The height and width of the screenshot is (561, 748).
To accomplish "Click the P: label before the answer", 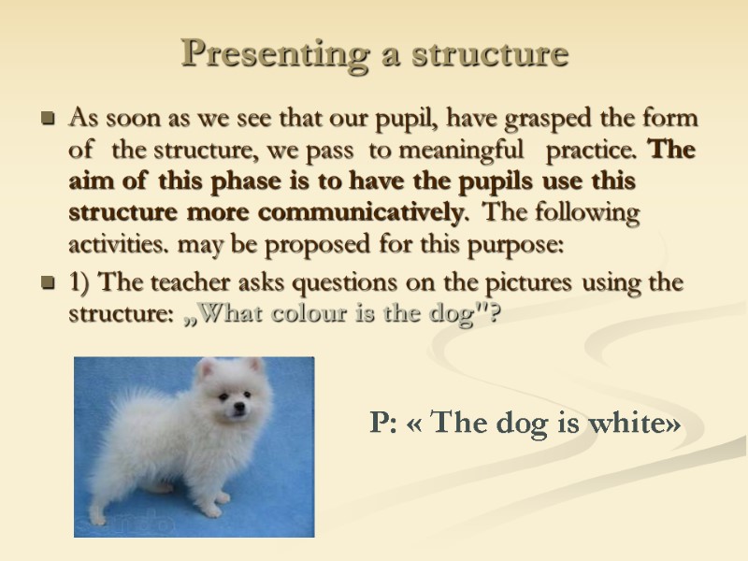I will [383, 424].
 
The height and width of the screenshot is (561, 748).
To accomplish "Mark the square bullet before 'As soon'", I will [48, 120].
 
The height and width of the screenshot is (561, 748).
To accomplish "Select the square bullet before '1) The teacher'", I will [48, 282].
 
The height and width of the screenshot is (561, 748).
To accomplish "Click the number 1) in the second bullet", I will [81, 281].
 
